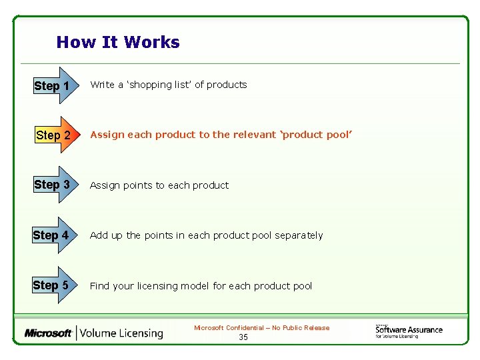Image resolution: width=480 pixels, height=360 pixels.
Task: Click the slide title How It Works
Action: pyautogui.click(x=118, y=43)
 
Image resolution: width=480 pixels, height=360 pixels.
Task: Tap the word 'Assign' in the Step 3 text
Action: pyautogui.click(x=105, y=185)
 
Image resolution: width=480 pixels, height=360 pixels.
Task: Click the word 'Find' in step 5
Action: pyautogui.click(x=99, y=286)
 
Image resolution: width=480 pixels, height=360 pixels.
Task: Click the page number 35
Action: pyautogui.click(x=243, y=337)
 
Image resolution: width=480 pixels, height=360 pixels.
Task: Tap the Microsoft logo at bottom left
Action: pyautogui.click(x=49, y=333)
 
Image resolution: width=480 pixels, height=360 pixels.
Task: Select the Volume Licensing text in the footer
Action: pyautogui.click(x=122, y=333)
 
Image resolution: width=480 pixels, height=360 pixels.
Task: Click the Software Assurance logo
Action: pyautogui.click(x=408, y=330)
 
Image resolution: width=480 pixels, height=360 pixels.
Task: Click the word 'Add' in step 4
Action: pyautogui.click(x=99, y=235)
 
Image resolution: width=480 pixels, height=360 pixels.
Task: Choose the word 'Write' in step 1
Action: pyautogui.click(x=102, y=85)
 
